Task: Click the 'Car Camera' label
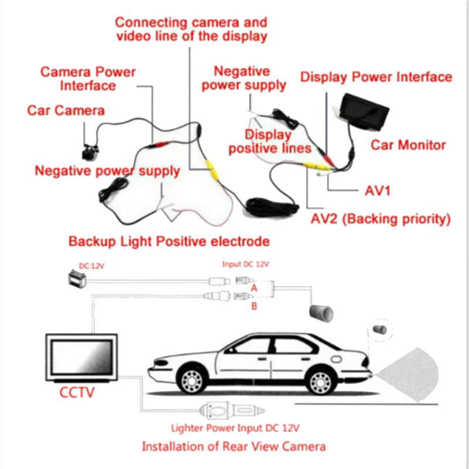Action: tap(66, 110)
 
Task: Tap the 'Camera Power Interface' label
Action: tap(88, 79)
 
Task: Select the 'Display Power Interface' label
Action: tap(376, 77)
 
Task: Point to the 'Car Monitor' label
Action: tap(408, 145)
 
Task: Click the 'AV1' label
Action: tap(377, 191)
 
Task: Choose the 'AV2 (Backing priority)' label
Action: tap(380, 219)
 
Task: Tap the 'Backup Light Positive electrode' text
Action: tap(169, 241)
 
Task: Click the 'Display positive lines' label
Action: tap(270, 142)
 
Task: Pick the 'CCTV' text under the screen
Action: tap(77, 391)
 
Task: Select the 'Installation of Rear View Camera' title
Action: tap(233, 446)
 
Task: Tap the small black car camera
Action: tap(90, 149)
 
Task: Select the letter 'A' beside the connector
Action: tap(254, 288)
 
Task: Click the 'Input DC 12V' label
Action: tap(245, 264)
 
